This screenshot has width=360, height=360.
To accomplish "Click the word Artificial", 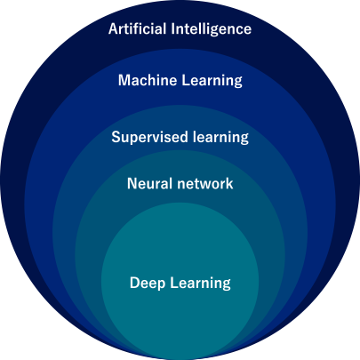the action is pos(137,28).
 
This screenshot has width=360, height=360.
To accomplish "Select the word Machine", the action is pos(148,80).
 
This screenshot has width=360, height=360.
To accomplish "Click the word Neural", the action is pos(149,183).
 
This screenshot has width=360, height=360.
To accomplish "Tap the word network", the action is pos(205,183).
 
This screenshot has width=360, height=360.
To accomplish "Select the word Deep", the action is pos(148,284).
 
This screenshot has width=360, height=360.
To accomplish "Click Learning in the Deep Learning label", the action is pos(201,284).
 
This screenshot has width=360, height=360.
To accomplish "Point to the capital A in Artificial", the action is pos(113,29).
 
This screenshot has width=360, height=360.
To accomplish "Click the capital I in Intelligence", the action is pos(173,29).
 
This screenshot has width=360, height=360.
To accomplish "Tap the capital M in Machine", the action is pos(124,80).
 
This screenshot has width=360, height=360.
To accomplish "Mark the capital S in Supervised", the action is pos(116,137).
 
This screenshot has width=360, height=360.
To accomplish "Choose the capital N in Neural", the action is pos(132,184).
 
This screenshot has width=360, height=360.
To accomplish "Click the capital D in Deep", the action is pos(134,283).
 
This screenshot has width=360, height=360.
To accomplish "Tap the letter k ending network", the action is pos(229,183).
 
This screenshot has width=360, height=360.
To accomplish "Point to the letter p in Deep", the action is pos(161,285).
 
